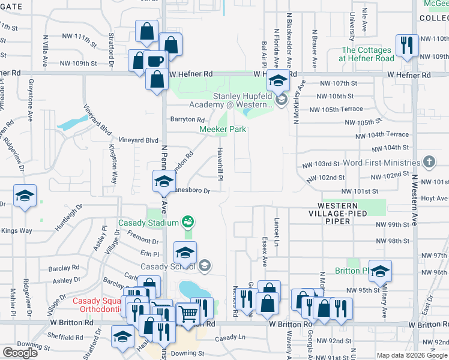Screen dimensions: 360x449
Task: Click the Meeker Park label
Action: (223, 129)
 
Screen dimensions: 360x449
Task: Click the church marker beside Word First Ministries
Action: (429, 162)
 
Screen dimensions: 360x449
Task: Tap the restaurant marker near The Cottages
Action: (406, 44)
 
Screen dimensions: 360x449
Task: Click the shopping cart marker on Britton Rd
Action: (188, 313)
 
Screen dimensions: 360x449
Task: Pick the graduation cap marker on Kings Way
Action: (25, 196)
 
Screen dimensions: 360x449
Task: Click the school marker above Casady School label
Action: (185, 253)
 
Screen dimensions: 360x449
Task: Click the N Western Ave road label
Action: (414, 198)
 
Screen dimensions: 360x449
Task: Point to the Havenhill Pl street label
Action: (220, 165)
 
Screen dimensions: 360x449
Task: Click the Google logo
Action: (20, 353)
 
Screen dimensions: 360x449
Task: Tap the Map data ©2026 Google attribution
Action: (412, 355)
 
